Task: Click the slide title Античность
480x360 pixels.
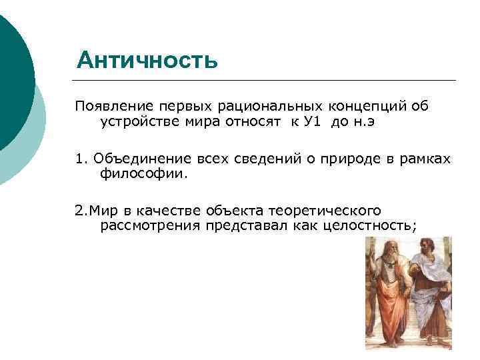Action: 147,60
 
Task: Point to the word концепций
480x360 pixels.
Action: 369,107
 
